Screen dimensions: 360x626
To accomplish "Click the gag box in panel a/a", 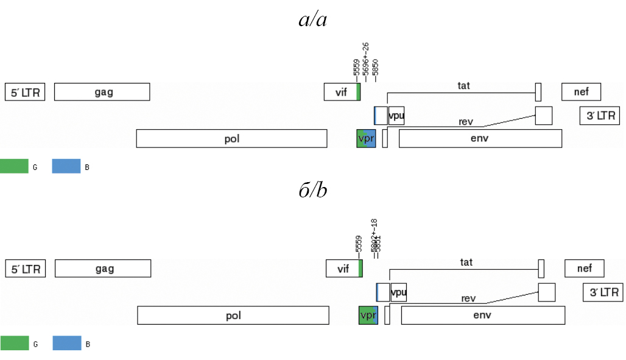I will pyautogui.click(x=102, y=92).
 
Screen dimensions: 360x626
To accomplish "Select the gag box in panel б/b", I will pyautogui.click(x=103, y=268).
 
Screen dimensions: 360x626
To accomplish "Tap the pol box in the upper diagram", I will pyautogui.click(x=231, y=138).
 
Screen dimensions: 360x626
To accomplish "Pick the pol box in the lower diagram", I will pyautogui.click(x=233, y=315).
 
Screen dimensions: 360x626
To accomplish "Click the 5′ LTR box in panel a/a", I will pyautogui.click(x=25, y=92).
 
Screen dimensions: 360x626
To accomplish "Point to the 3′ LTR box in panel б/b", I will pyautogui.click(x=603, y=292).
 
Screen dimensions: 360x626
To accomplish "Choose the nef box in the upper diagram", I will pyautogui.click(x=581, y=92).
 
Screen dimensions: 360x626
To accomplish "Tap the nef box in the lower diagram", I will pyautogui.click(x=584, y=268).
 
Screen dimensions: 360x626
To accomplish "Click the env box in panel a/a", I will pyautogui.click(x=480, y=138).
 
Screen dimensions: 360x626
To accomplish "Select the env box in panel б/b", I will pyautogui.click(x=482, y=315).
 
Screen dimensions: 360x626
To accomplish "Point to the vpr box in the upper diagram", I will pyautogui.click(x=366, y=138).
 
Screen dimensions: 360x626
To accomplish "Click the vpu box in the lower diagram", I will pyautogui.click(x=398, y=292).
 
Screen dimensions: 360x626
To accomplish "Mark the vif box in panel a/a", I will pyautogui.click(x=342, y=92).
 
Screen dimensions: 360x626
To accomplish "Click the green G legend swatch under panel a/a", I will pyautogui.click(x=14, y=166).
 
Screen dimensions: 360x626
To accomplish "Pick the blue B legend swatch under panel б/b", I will pyautogui.click(x=66, y=343).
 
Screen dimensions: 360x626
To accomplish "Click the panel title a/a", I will pyautogui.click(x=313, y=20).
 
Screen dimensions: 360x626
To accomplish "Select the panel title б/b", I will pyautogui.click(x=313, y=191).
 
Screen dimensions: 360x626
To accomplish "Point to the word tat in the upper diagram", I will pyautogui.click(x=464, y=85).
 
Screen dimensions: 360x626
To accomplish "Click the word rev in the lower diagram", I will pyautogui.click(x=468, y=298).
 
